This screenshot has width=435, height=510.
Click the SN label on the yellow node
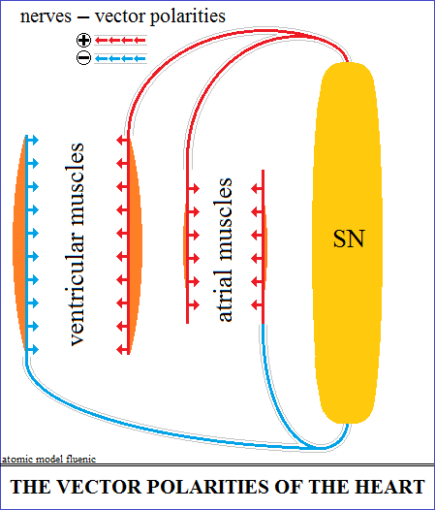point(349,239)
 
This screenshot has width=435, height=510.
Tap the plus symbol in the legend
point(84,41)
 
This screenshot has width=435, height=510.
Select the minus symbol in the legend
point(84,58)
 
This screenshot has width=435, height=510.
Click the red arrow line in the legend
point(120,41)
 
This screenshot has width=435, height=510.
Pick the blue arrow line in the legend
point(120,58)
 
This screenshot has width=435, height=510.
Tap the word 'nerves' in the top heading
point(46,16)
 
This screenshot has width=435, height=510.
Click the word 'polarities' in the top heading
point(187,16)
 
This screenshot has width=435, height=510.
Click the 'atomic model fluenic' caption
point(48,459)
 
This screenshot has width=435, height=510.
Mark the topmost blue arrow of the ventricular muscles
point(32,141)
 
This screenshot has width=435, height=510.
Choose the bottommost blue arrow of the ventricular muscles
point(32,350)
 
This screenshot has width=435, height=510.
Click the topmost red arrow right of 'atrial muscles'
point(258,188)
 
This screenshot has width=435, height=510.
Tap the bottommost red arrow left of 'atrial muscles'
point(193,305)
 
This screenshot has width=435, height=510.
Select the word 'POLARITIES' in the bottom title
point(208,487)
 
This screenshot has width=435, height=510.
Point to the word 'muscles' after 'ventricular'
point(76,185)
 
